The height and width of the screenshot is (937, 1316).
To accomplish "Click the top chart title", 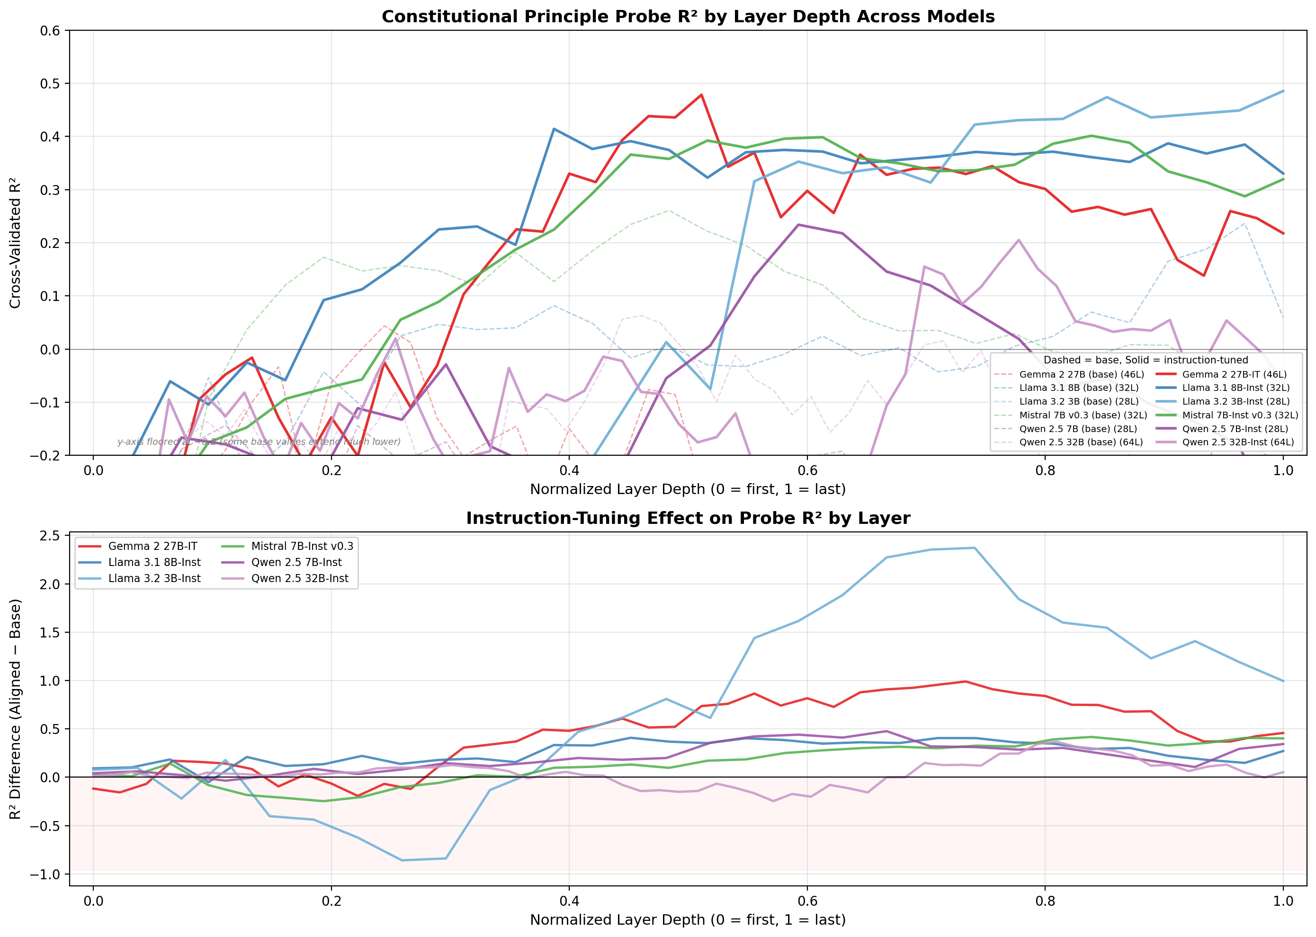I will [688, 17].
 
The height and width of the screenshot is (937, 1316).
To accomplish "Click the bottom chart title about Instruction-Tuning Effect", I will [688, 518].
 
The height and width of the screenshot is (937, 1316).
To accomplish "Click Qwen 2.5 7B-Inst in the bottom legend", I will [296, 562].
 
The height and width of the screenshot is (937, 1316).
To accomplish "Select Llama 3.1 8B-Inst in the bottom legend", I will [154, 562].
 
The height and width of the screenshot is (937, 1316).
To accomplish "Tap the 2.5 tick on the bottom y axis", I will [50, 535].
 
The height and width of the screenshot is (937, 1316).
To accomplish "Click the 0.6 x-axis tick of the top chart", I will [807, 470].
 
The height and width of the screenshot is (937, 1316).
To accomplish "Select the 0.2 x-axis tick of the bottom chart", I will [331, 901].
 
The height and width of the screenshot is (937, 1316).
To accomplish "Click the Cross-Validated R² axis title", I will [16, 243].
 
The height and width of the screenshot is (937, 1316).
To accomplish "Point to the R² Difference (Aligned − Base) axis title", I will [16, 709].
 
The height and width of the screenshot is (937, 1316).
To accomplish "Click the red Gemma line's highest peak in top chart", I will [701, 95].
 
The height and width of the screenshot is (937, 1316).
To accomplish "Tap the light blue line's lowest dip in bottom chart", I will [402, 860].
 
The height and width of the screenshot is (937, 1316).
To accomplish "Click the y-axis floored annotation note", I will [259, 442].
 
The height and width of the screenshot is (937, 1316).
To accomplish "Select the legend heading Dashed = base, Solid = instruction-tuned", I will [1145, 360].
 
